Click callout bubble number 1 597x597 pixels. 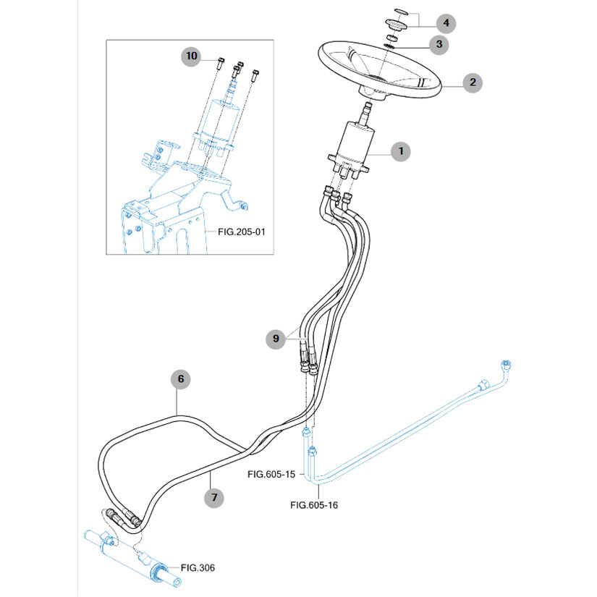coord(399,152)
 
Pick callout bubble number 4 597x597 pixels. coord(446,23)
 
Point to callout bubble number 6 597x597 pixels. coord(181,378)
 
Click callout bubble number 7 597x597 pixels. coord(213,497)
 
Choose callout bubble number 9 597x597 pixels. coord(276,337)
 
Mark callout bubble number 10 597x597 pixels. coord(191,56)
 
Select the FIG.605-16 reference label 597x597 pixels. coord(313,505)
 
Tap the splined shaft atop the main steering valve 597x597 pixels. coord(366,111)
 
